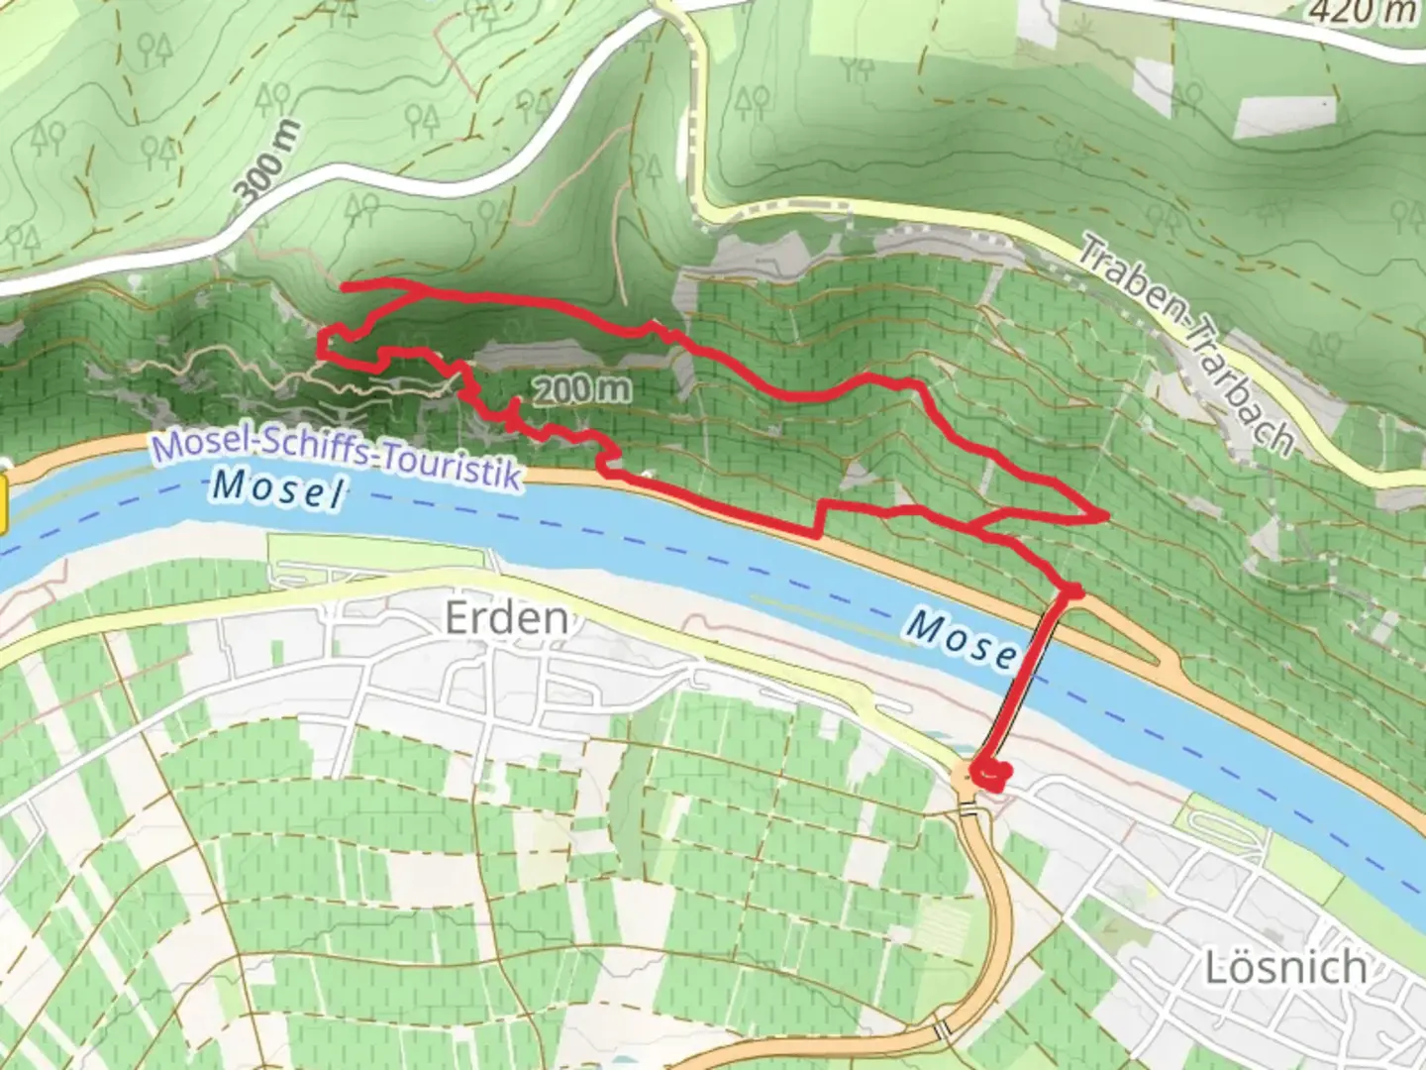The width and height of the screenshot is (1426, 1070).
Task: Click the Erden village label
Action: (x=506, y=618)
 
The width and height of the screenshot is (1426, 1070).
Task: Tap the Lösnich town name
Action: (x=1285, y=967)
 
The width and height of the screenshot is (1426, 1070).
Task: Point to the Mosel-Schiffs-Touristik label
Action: (x=337, y=457)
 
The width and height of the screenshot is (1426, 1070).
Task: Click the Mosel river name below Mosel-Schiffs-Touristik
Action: (x=279, y=487)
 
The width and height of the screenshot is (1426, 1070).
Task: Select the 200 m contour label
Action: (x=581, y=389)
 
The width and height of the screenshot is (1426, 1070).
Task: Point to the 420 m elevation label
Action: (x=1361, y=11)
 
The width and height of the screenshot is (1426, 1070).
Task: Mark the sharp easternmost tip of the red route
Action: (x=1105, y=515)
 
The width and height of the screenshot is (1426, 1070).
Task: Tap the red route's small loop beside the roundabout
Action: (x=990, y=774)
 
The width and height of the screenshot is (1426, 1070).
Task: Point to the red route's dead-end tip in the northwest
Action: (x=344, y=287)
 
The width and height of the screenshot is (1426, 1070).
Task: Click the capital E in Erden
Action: (x=457, y=618)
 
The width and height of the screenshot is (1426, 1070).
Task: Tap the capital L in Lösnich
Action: (x=1216, y=967)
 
